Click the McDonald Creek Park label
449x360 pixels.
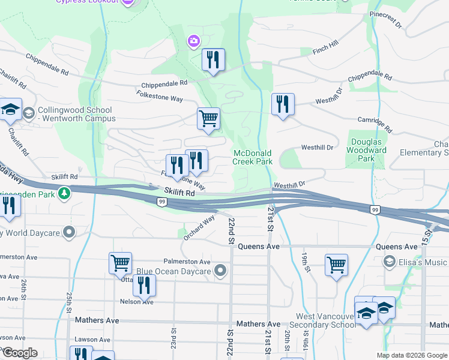253,157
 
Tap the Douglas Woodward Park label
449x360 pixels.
367,150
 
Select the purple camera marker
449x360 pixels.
193,41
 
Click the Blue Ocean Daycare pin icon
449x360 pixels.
220,271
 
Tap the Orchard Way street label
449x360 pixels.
199,228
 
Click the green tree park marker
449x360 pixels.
65,193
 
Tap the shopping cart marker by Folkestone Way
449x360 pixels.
208,118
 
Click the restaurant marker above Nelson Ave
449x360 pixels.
143,285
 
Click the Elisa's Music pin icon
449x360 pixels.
390,262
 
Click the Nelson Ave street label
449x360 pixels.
136,302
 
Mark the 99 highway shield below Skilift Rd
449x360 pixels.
162,203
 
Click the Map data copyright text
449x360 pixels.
411,355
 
